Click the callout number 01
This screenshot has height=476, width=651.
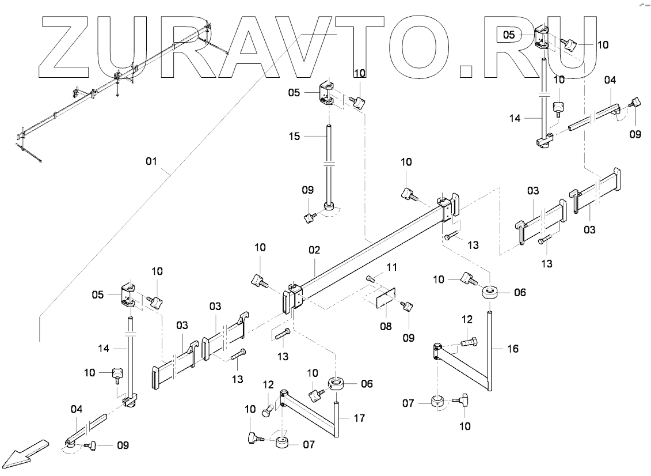[151, 162]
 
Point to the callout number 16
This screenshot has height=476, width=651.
[513, 348]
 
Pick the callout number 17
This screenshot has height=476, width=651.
[360, 418]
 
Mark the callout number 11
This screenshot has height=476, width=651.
[392, 267]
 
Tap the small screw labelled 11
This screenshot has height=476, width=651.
[371, 279]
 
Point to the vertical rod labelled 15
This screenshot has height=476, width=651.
[329, 167]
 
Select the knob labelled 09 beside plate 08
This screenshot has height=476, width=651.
[408, 307]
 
